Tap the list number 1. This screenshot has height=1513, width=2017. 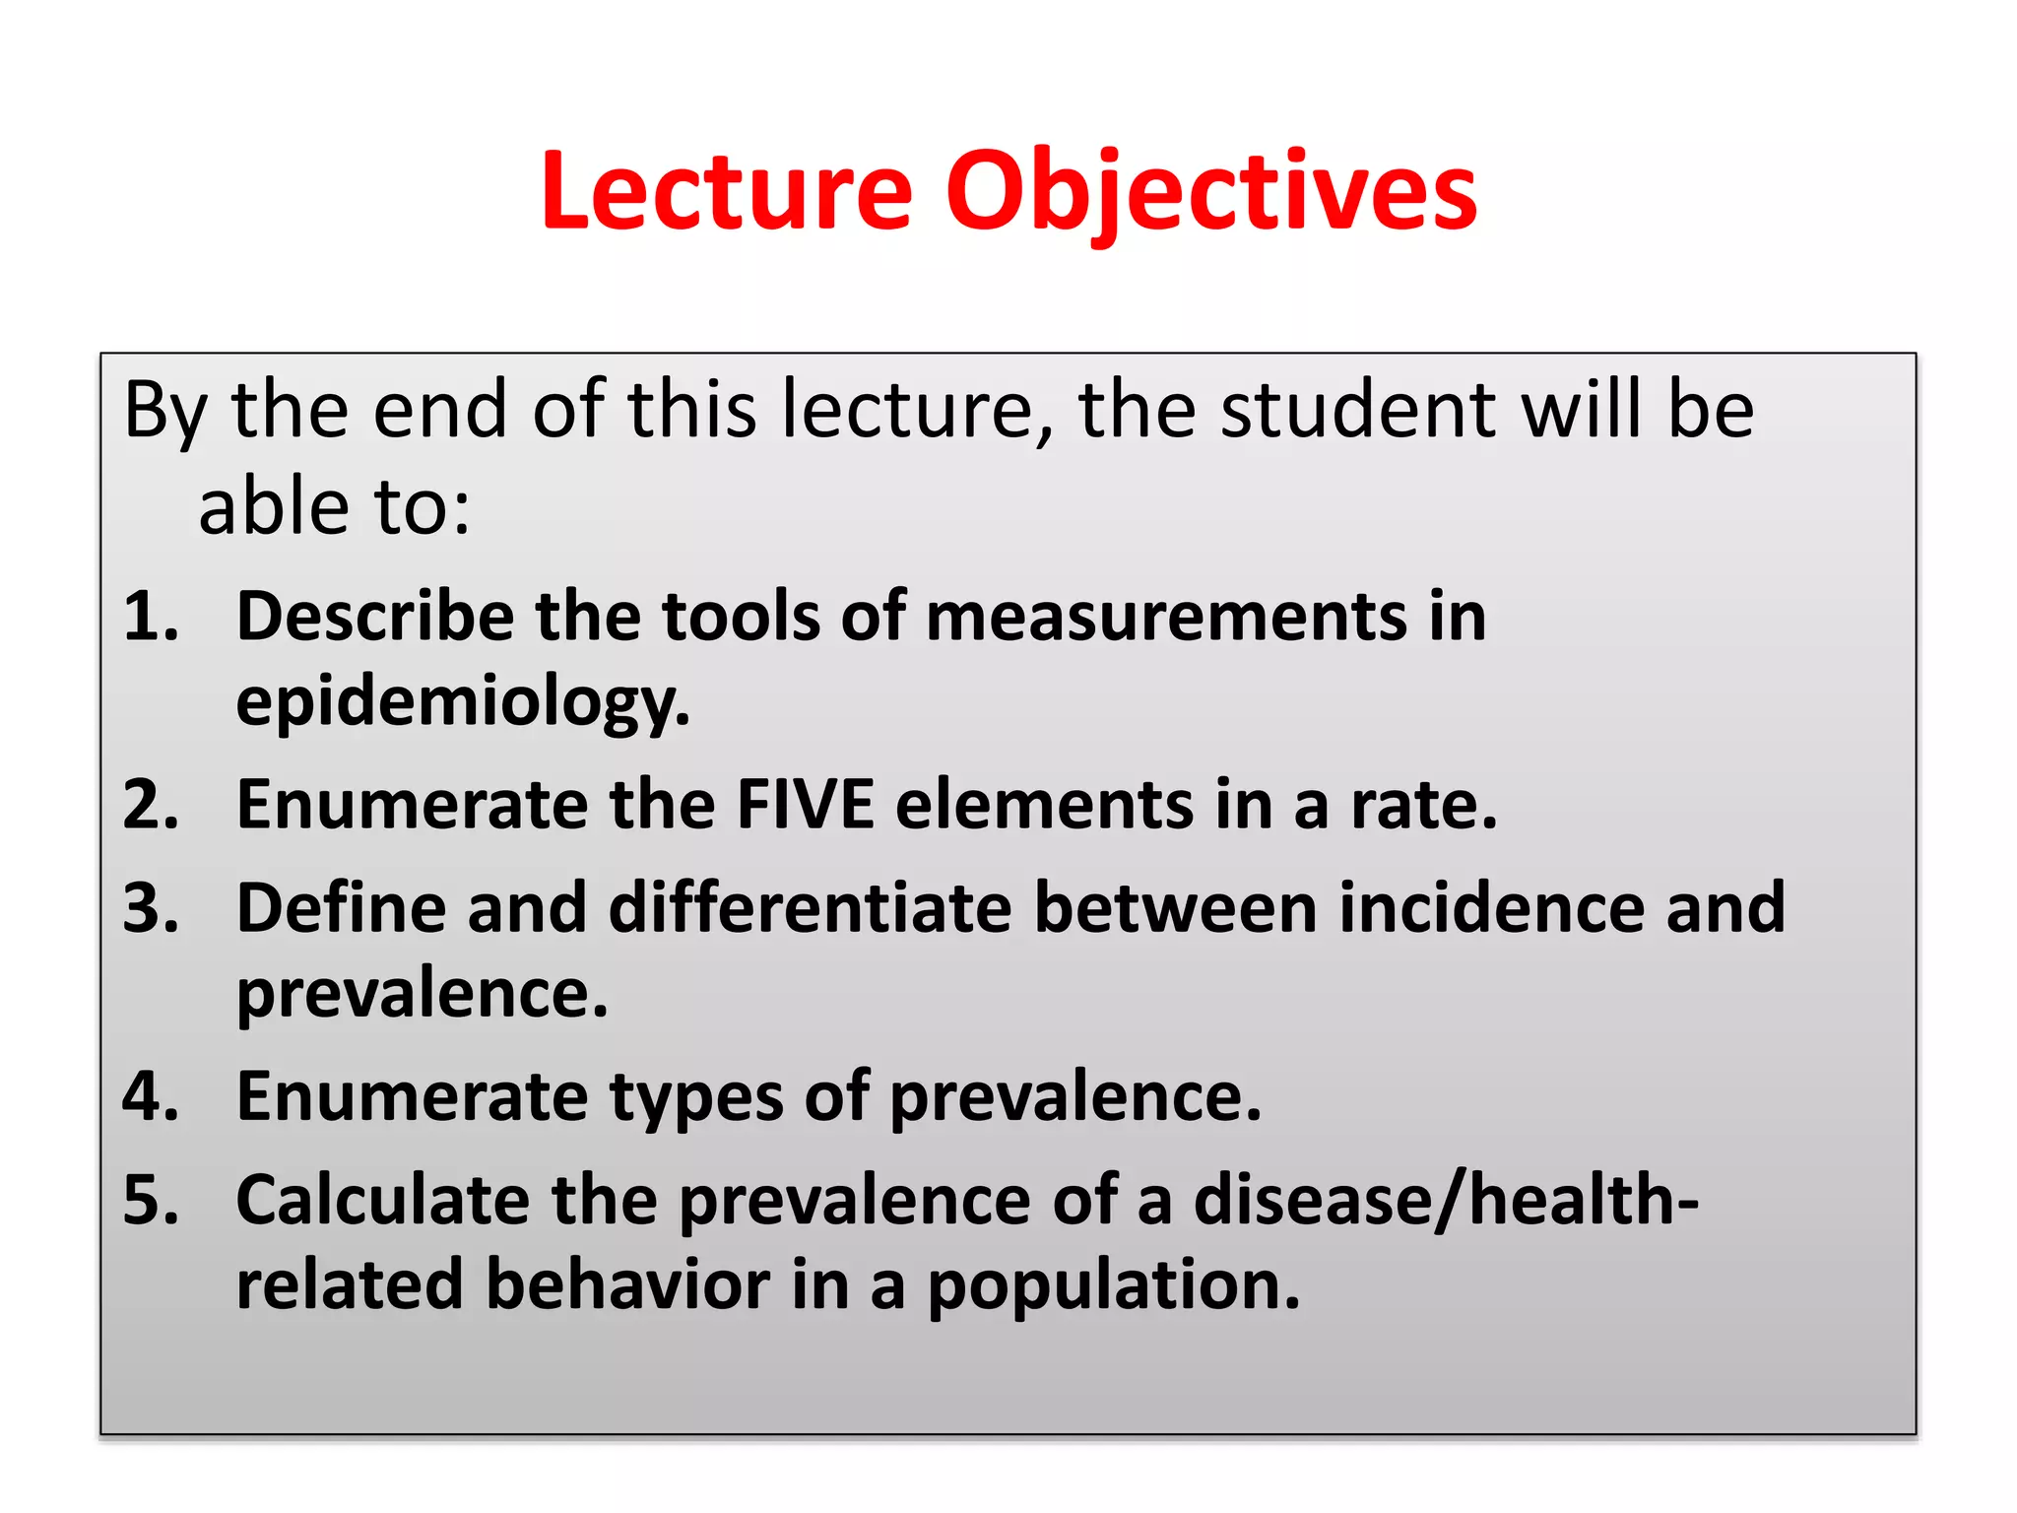pyautogui.click(x=150, y=617)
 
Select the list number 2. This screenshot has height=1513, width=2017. pyautogui.click(x=150, y=805)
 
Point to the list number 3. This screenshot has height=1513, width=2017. pyautogui.click(x=150, y=907)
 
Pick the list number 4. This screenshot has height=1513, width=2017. pyautogui.click(x=150, y=1096)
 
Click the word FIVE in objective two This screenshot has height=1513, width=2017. pyautogui.click(x=805, y=805)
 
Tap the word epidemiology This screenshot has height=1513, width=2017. pyautogui.click(x=462, y=701)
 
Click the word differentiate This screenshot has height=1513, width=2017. pyautogui.click(x=810, y=907)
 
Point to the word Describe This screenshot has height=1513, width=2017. pyautogui.click(x=374, y=617)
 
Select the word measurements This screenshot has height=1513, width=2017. pyautogui.click(x=1166, y=617)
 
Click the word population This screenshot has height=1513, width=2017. pyautogui.click(x=1113, y=1285)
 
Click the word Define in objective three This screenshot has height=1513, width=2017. pyautogui.click(x=341, y=907)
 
